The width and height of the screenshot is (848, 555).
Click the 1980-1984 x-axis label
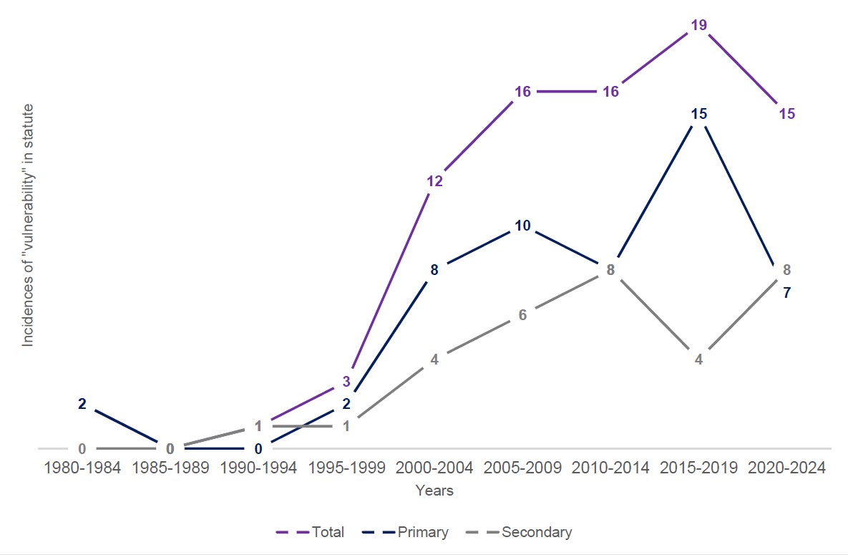click(x=82, y=468)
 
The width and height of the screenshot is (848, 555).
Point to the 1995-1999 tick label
click(x=346, y=468)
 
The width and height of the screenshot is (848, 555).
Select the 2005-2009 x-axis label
click(x=522, y=468)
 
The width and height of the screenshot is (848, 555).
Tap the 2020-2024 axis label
click(x=786, y=468)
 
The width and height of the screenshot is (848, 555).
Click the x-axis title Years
click(x=434, y=491)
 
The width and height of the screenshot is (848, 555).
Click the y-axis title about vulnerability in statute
click(x=28, y=226)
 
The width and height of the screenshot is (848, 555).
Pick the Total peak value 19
click(x=699, y=25)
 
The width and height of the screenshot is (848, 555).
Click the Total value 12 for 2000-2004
click(x=435, y=181)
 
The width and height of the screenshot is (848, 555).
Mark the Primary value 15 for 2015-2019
click(x=699, y=114)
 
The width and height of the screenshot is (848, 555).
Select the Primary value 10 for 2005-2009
click(x=522, y=226)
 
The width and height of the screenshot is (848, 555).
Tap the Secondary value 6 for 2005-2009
click(x=522, y=315)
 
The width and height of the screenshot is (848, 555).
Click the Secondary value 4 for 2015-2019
click(x=699, y=359)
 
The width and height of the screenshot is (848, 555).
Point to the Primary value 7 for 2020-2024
click(x=786, y=292)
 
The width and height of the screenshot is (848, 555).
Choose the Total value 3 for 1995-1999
click(x=346, y=382)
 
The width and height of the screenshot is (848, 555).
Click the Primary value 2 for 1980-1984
click(x=82, y=404)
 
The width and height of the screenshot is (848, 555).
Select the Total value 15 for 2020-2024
click(x=786, y=114)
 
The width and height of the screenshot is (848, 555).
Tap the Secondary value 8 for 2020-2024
click(x=786, y=270)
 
